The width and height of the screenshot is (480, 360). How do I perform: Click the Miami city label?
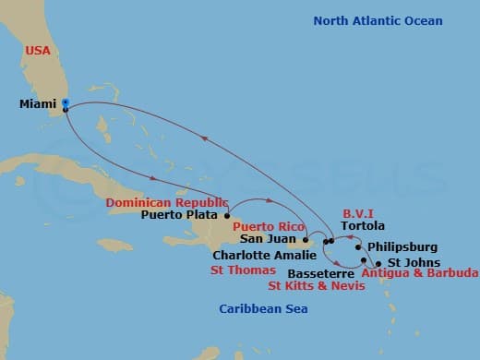pyautogui.click(x=36, y=104)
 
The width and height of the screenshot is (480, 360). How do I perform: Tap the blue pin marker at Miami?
pyautogui.click(x=65, y=103)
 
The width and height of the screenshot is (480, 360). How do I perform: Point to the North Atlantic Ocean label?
pyautogui.click(x=378, y=20)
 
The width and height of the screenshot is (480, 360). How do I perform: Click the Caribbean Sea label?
pyautogui.click(x=263, y=308)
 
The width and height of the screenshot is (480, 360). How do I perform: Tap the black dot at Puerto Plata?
pyautogui.click(x=226, y=216)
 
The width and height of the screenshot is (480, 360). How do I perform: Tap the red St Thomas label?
pyautogui.click(x=243, y=270)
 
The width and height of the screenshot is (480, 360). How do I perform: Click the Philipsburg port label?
pyautogui.click(x=402, y=247)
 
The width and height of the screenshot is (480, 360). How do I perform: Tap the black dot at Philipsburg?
pyautogui.click(x=357, y=247)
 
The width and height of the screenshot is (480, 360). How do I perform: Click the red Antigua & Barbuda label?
pyautogui.click(x=419, y=273)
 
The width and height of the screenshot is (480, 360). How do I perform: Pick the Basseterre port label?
pyautogui.click(x=319, y=274)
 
